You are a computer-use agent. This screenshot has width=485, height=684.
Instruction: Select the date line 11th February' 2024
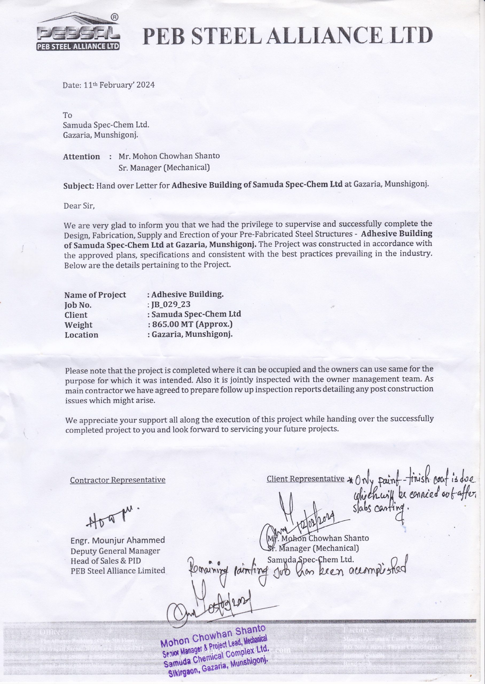click(x=109, y=85)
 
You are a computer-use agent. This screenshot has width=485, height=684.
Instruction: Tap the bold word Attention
click(x=81, y=157)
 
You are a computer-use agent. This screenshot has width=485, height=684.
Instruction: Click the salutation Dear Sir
click(x=79, y=206)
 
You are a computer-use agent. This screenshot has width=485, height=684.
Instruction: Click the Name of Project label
click(x=95, y=295)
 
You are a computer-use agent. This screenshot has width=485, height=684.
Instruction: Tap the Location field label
click(x=81, y=335)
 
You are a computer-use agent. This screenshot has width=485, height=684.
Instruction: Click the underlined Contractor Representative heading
click(x=118, y=480)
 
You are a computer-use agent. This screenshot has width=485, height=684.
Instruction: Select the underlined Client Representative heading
click(x=305, y=479)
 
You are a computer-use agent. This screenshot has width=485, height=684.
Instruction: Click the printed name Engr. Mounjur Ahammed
click(x=118, y=540)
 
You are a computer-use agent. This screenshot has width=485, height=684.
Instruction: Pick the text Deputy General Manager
click(x=115, y=550)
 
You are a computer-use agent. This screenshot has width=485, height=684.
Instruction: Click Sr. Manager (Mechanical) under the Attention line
click(x=164, y=168)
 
